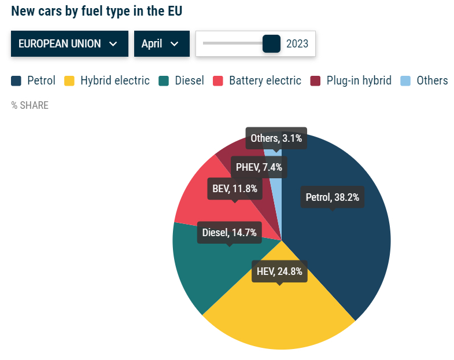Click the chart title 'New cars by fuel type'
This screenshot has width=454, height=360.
click(101, 11)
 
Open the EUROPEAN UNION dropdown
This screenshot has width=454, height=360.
click(69, 44)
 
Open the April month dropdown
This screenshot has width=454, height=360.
click(162, 44)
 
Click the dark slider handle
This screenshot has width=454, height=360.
click(271, 43)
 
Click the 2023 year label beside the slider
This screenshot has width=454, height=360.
click(297, 44)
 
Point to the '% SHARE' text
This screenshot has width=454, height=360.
click(30, 105)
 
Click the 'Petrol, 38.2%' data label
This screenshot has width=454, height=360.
click(333, 197)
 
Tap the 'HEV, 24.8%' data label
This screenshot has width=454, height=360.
click(279, 271)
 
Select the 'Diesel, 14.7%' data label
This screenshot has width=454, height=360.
click(230, 233)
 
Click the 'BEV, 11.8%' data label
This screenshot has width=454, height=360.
click(235, 188)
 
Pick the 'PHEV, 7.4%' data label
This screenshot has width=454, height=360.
click(259, 167)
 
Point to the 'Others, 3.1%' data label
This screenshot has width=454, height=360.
click(276, 138)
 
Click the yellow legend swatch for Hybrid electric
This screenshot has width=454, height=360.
click(69, 80)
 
